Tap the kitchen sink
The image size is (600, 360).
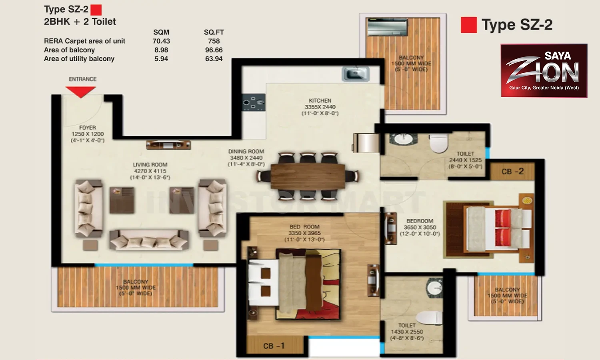pyautogui.click(x=356, y=74)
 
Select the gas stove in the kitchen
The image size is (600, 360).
pyautogui.click(x=253, y=102)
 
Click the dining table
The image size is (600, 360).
pyautogui.click(x=308, y=176)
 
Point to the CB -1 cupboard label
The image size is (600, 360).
pyautogui.click(x=274, y=346)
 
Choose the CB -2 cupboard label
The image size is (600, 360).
pyautogui.click(x=512, y=171)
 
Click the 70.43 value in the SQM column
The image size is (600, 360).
pyautogui.click(x=161, y=41)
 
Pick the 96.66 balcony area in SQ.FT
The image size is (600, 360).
pyautogui.click(x=214, y=50)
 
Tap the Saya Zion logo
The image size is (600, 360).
pyautogui.click(x=544, y=70)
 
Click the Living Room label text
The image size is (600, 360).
pyautogui.click(x=150, y=164)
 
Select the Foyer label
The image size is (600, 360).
pyautogui.click(x=87, y=128)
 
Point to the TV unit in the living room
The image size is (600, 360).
pyautogui.click(x=168, y=145)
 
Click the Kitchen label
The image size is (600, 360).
pyautogui.click(x=320, y=101)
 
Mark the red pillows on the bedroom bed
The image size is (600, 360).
pyautogui.click(x=503, y=228)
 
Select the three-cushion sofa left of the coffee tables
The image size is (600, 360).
pyautogui.click(x=89, y=208)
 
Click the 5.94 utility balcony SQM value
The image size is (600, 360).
pyautogui.click(x=161, y=59)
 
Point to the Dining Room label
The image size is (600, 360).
pyautogui.click(x=246, y=151)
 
